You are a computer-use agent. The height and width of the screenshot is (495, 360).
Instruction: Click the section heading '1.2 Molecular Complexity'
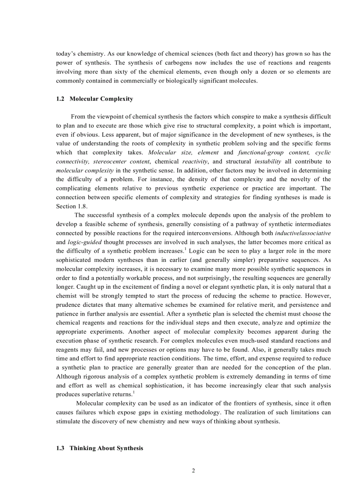[94, 99]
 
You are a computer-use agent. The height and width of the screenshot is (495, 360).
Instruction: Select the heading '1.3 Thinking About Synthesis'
[100, 448]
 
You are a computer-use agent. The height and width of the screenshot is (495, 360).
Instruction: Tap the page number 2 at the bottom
[193, 470]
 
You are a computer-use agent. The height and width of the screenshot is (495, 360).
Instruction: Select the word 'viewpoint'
[111, 116]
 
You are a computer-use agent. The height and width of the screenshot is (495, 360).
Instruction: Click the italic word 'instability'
[268, 161]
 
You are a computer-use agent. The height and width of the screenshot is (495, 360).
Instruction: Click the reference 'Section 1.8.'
[66, 206]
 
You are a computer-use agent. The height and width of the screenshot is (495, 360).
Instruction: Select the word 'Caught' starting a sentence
[65, 287]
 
